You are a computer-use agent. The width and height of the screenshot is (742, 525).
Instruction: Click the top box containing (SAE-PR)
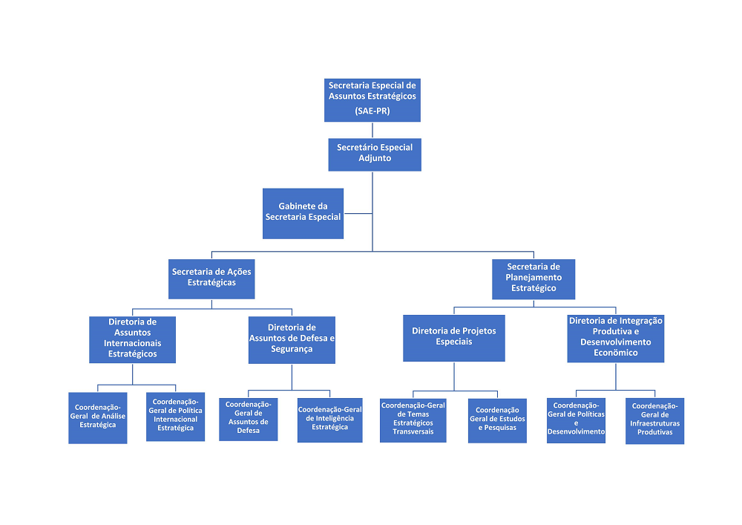[x=372, y=100]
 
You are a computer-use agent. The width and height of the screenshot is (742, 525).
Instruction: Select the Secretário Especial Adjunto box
[x=375, y=154]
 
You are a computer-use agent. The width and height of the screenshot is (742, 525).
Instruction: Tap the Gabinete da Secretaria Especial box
[x=303, y=213]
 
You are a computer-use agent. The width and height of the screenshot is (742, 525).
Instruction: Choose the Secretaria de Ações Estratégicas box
[x=211, y=278]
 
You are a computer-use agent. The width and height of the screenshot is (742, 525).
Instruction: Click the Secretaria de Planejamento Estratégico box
[x=533, y=278]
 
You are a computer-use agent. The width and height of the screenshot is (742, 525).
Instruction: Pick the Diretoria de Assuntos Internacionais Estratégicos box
[x=132, y=339]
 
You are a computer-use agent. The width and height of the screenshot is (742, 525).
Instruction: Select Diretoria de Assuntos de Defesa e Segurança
[x=292, y=339]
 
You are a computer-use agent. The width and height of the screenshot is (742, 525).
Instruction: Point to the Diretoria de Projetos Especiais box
[x=454, y=339]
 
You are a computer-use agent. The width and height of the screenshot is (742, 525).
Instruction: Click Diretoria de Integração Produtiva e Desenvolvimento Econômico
[x=616, y=339]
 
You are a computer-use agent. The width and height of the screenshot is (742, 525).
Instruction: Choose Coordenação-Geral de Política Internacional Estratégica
[x=175, y=417]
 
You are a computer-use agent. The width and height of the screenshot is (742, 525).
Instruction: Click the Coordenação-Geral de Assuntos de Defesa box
[x=248, y=419]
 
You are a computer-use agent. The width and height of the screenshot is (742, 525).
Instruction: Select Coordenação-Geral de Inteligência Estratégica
[x=329, y=420]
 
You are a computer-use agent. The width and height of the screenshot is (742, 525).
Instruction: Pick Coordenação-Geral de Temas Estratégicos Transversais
[x=413, y=420]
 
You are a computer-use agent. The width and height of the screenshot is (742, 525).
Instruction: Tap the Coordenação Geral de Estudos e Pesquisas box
[x=497, y=420]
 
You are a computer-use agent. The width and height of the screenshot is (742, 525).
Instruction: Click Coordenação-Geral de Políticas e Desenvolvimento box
[x=576, y=420]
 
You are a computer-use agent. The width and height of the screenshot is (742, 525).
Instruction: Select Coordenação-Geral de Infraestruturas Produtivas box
[x=654, y=421]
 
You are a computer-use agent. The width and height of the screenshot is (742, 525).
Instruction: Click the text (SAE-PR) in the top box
[x=372, y=111]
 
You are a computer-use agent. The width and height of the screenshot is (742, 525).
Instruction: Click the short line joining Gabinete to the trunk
[x=358, y=213]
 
